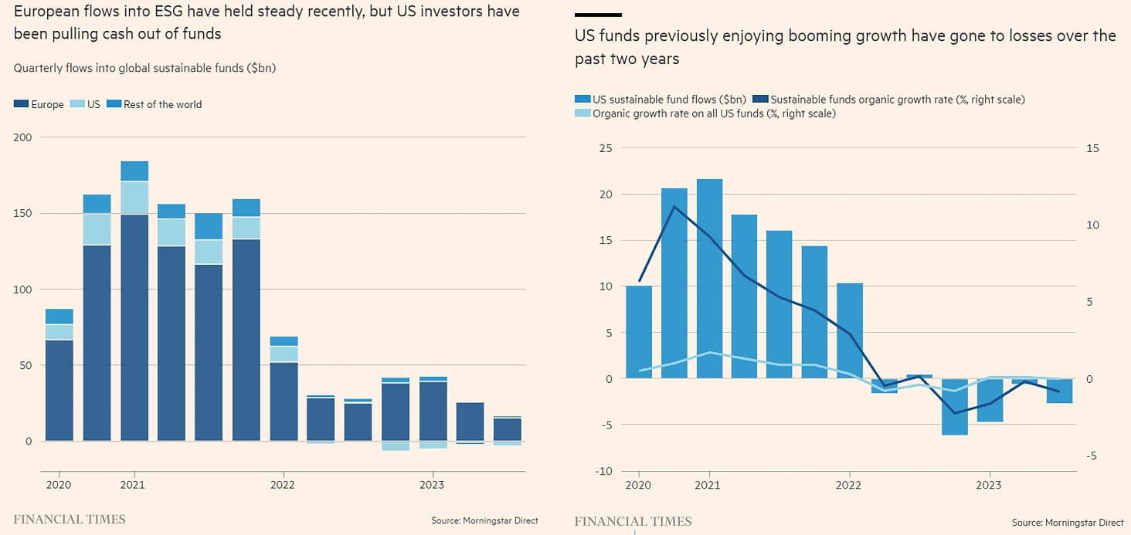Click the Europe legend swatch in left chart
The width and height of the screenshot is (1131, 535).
(21, 104)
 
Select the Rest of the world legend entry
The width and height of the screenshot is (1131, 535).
(162, 104)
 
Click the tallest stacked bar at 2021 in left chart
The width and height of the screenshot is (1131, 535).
(134, 301)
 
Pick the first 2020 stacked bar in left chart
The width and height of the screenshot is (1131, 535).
(59, 374)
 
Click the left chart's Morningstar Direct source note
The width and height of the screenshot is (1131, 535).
(484, 521)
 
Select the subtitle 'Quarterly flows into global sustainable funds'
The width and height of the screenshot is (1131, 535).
(144, 68)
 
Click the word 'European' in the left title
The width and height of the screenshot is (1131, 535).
(43, 12)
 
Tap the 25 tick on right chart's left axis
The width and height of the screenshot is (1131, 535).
(606, 148)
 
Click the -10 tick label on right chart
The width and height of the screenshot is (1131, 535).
(603, 472)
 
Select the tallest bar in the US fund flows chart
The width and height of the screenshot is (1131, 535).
(709, 279)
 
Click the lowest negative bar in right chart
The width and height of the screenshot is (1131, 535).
(954, 407)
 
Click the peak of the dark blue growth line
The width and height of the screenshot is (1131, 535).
(674, 206)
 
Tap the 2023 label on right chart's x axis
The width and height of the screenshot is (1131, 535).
(989, 486)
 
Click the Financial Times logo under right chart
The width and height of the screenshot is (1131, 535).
(633, 521)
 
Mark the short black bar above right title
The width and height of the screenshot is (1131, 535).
(598, 15)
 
